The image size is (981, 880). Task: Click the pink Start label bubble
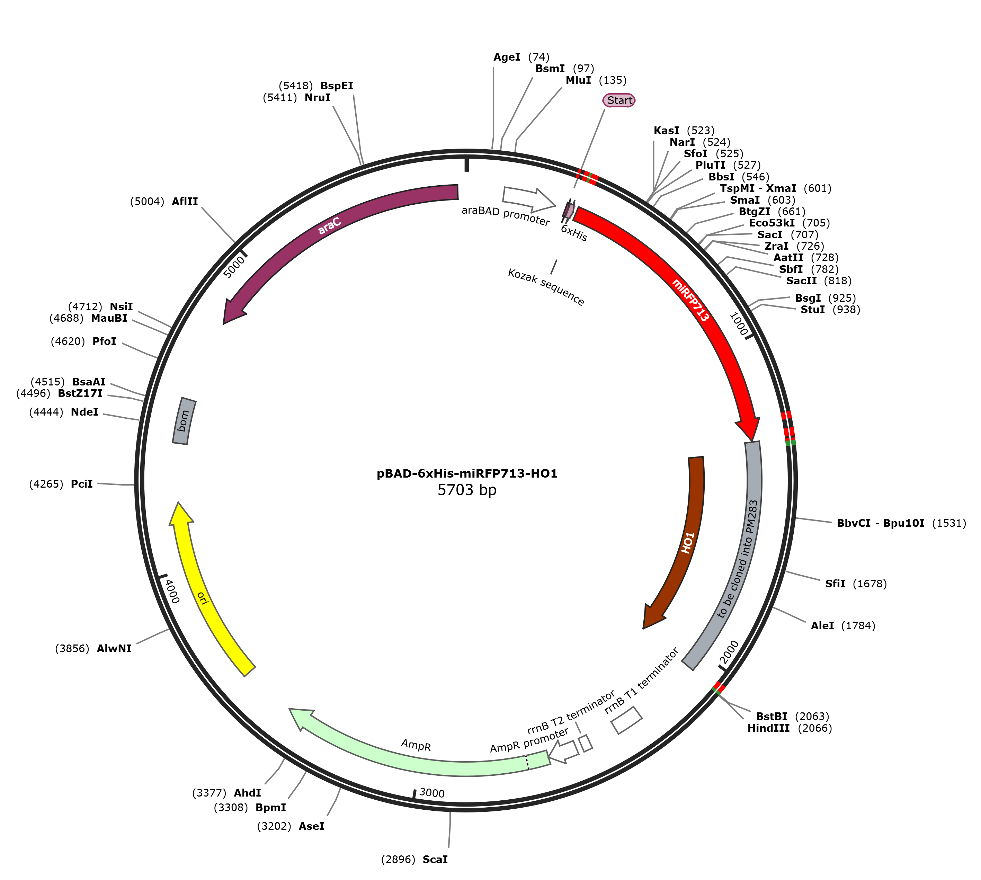[618, 100]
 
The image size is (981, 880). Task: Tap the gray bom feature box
[184, 421]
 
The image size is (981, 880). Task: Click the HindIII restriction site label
[768, 728]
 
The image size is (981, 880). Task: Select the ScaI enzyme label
[435, 859]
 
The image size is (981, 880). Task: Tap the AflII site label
[185, 201]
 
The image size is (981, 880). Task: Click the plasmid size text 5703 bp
[467, 490]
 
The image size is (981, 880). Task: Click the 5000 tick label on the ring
[234, 267]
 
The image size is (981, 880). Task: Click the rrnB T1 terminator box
[627, 720]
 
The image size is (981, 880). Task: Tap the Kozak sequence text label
[546, 287]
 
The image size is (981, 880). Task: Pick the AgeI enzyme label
[507, 57]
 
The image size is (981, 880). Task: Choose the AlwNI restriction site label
[114, 648]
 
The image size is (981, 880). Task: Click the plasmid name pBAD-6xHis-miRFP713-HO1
[467, 473]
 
